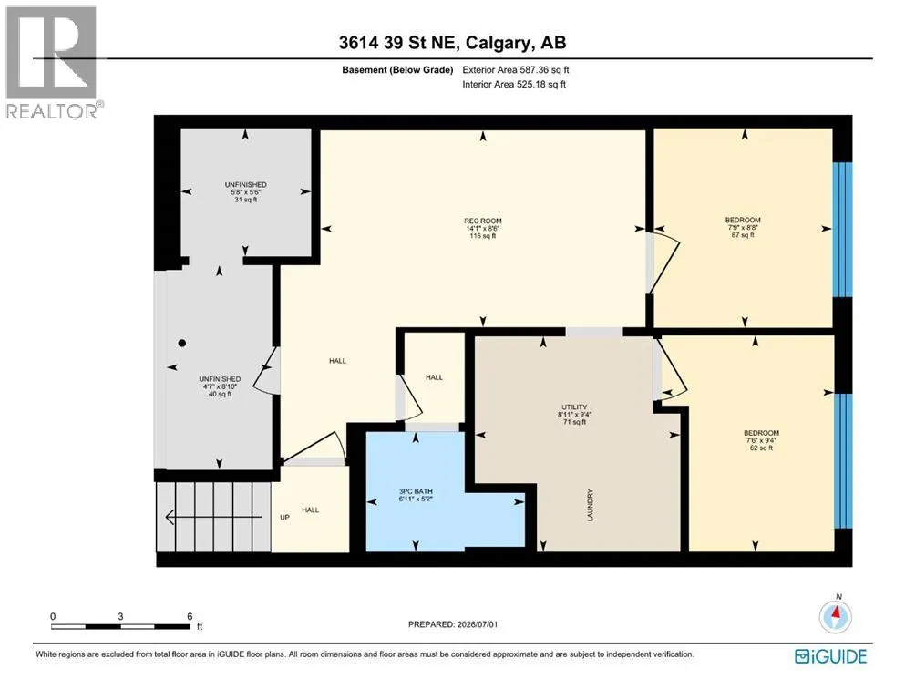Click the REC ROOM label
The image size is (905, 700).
(x=482, y=221)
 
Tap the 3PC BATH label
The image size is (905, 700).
(x=416, y=491)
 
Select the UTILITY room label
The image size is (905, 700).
(x=574, y=407)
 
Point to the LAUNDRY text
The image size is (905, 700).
(x=590, y=506)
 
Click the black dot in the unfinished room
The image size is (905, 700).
(x=181, y=343)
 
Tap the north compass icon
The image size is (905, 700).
(x=835, y=616)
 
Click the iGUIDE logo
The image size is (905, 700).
(x=830, y=656)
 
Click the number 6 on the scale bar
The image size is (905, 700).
(x=190, y=616)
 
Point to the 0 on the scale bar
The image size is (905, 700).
(x=53, y=616)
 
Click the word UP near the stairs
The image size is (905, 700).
(x=284, y=518)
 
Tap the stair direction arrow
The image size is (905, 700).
(x=213, y=517)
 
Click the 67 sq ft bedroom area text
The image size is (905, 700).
(x=743, y=235)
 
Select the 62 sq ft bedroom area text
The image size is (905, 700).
(x=761, y=448)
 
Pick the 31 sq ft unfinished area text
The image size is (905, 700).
(x=246, y=200)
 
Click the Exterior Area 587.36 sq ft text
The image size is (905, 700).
(x=516, y=70)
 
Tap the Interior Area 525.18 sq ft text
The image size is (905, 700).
(x=514, y=84)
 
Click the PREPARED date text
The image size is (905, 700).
(x=453, y=624)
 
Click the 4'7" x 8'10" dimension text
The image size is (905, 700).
(x=220, y=386)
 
